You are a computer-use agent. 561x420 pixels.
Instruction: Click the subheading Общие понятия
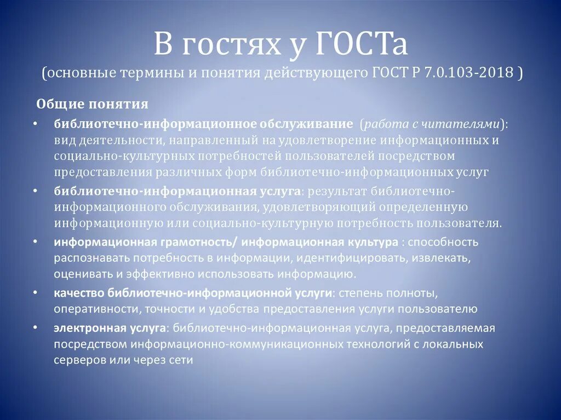tap(92, 104)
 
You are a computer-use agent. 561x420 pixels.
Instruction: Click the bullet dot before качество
tap(35, 292)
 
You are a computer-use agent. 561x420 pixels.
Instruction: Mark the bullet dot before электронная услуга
tap(35, 327)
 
